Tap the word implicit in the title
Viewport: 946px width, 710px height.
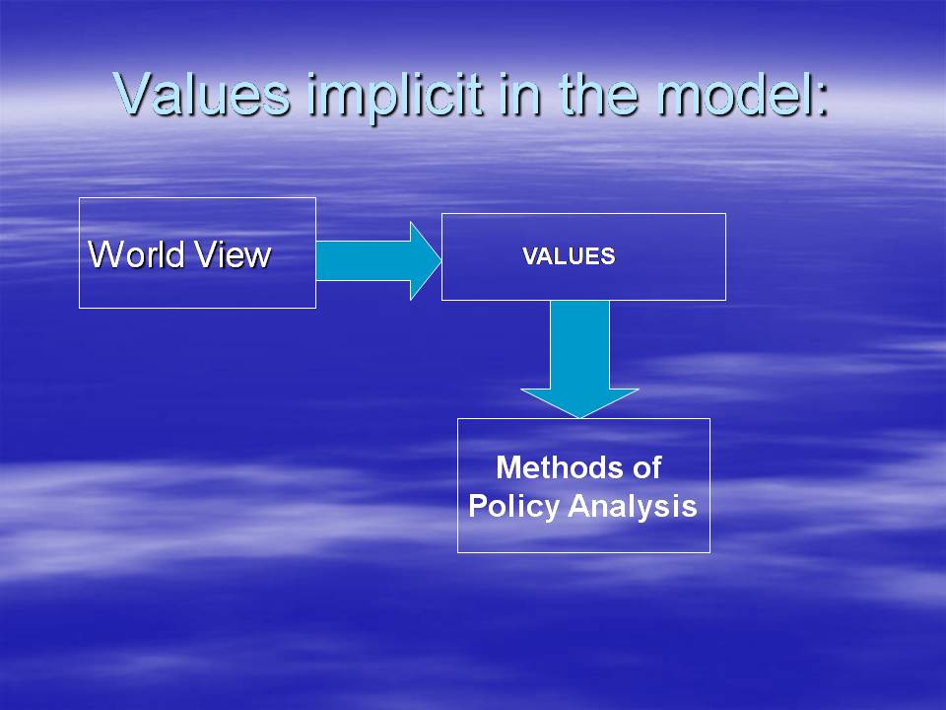[x=394, y=97]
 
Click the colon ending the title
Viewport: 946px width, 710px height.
[x=821, y=100]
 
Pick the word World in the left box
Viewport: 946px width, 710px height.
[x=136, y=253]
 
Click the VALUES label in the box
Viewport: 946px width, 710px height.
[x=569, y=256]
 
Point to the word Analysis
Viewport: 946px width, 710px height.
[x=633, y=507]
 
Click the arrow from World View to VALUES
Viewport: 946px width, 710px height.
[x=378, y=260]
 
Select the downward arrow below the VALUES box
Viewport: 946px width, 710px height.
[x=579, y=359]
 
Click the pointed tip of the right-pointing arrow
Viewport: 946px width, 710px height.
[x=441, y=260]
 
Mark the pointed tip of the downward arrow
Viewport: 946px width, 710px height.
[x=579, y=418]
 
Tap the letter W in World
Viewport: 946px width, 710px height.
[x=105, y=253]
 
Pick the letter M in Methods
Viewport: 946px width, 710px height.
[x=508, y=466]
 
